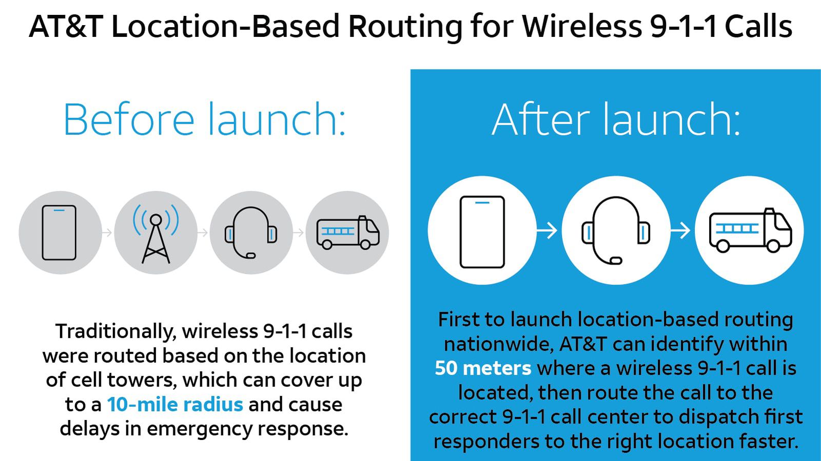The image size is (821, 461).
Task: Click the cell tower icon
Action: click(x=155, y=233)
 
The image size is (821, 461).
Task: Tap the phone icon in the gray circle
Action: click(x=59, y=233)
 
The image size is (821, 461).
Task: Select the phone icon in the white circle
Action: click(x=482, y=231)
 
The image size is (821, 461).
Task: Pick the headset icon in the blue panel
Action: click(x=615, y=231)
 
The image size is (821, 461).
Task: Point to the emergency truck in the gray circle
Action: click(x=347, y=233)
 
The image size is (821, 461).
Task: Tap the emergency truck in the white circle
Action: click(x=750, y=231)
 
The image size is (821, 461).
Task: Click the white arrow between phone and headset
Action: click(x=547, y=230)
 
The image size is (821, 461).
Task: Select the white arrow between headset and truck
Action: click(x=680, y=230)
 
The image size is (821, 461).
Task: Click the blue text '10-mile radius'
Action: click(x=175, y=405)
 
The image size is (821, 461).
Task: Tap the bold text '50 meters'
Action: click(x=483, y=368)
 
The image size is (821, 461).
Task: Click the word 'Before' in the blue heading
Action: click(x=128, y=119)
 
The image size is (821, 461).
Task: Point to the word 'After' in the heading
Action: click(x=541, y=119)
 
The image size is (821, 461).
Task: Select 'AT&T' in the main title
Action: click(x=66, y=27)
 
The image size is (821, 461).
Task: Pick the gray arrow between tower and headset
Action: click(x=203, y=233)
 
